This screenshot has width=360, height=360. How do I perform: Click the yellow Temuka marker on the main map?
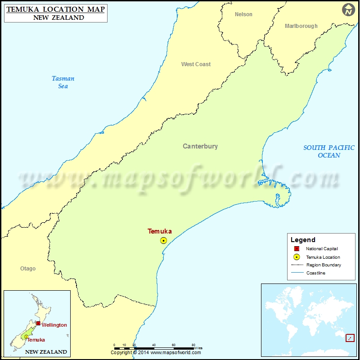coord(164,241)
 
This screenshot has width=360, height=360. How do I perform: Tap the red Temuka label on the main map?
coord(160,231)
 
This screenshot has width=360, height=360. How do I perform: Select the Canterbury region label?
coord(200,146)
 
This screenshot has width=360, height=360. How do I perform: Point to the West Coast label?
coord(196,64)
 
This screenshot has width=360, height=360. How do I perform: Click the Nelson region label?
coord(243,14)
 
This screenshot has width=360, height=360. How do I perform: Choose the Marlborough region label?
coord(301,26)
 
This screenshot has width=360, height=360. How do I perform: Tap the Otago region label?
coord(28,269)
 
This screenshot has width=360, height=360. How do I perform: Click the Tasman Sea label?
coord(63,82)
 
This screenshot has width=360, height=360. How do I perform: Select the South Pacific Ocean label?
coord(329,151)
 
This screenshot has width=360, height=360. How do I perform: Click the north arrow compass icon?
coord(348,10)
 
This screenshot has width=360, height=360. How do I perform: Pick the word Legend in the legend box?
coord(303,240)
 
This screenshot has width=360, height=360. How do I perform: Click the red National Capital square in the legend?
coord(297,249)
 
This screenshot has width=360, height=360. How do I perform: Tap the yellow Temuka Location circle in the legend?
coord(297,257)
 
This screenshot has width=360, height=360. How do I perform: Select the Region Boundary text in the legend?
coord(324,265)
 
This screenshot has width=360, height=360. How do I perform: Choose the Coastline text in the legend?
coord(315,273)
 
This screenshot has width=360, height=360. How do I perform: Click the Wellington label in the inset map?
coord(54,325)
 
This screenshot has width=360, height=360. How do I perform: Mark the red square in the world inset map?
coord(350,338)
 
